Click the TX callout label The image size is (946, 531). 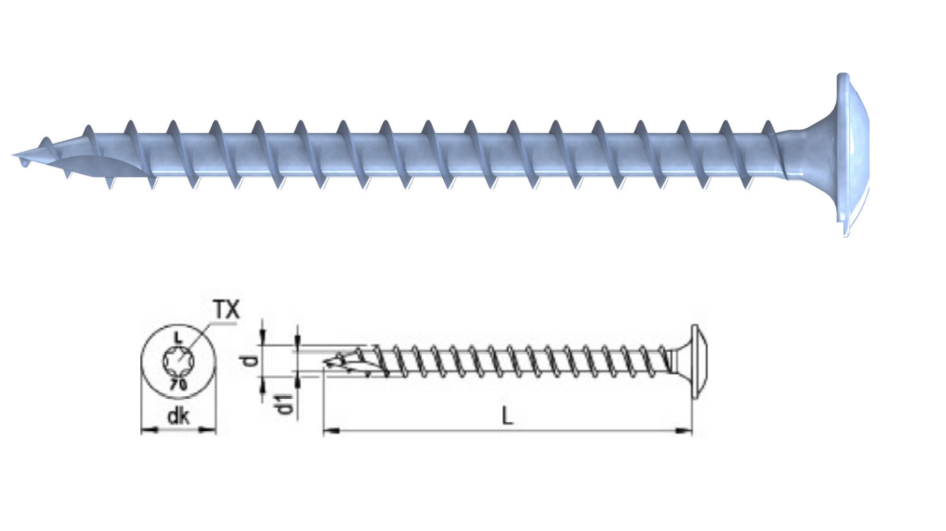227,310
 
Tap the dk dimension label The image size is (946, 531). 178,417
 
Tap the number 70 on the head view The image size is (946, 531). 179,384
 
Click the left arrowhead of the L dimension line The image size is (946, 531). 331,431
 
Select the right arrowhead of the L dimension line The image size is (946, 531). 684,431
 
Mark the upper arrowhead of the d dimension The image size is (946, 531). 263,338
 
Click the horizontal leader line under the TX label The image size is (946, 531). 223,324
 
